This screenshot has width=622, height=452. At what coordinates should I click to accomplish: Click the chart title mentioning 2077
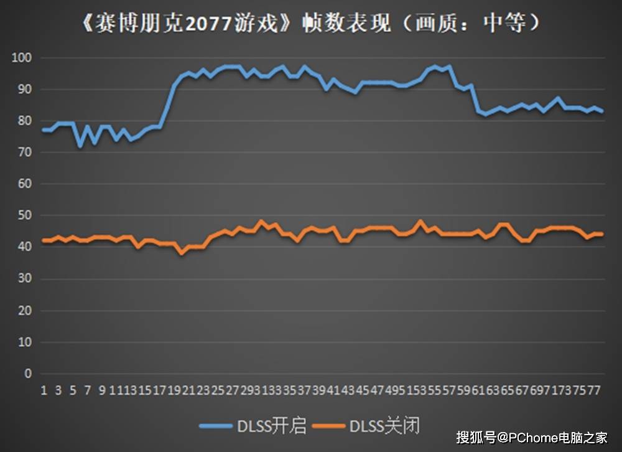[311, 24]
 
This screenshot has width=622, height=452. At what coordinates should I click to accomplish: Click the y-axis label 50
[24, 215]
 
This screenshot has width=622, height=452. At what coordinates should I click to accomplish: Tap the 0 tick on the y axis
[27, 374]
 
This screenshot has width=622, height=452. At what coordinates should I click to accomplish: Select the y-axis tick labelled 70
[24, 153]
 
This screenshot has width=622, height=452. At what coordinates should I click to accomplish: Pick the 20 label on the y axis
[24, 310]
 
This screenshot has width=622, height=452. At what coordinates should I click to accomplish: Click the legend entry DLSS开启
[272, 426]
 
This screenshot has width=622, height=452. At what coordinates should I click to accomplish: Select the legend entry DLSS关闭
[384, 426]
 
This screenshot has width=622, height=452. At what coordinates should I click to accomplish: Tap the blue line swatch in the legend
[216, 426]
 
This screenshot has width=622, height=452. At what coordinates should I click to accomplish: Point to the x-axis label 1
[44, 390]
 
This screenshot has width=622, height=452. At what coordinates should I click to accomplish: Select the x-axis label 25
[217, 390]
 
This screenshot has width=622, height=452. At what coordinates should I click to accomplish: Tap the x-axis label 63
[493, 390]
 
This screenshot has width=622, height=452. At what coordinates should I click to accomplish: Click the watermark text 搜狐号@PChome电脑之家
[531, 437]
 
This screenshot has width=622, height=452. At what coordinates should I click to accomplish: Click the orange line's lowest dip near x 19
[182, 253]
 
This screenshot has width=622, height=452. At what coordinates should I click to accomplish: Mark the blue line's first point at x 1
[44, 130]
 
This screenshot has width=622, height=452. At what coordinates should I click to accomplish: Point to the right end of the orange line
[602, 234]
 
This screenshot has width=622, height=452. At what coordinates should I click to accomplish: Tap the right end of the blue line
[602, 111]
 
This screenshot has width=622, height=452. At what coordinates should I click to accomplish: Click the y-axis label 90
[24, 90]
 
